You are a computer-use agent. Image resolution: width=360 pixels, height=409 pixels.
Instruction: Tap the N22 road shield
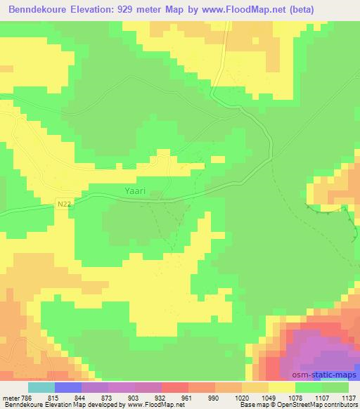pos(64,202)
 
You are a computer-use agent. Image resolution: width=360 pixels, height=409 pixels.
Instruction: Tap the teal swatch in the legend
pos(41,387)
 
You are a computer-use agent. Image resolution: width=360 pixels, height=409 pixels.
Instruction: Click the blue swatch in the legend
pos(68,387)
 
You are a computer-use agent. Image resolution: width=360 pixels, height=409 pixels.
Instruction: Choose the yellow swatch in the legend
pos(282,387)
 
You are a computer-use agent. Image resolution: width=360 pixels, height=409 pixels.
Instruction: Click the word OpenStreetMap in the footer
pos(307,405)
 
